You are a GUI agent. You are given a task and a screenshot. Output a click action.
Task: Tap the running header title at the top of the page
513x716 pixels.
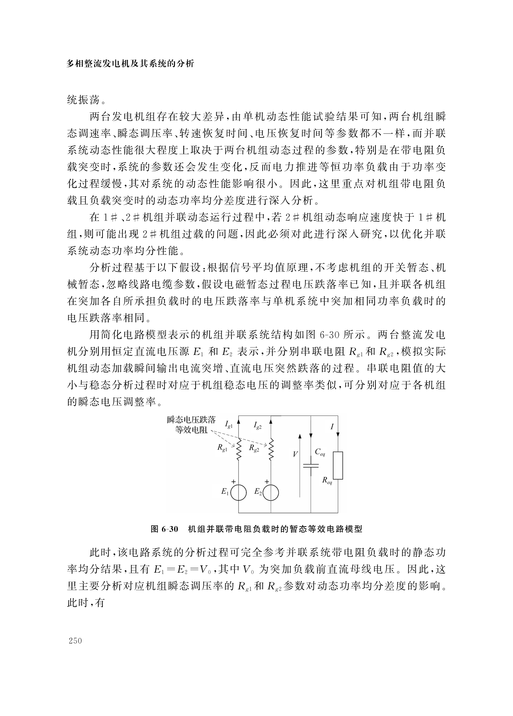(x=130, y=64)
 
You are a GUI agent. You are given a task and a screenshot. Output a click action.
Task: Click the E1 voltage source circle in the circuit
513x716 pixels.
(x=238, y=493)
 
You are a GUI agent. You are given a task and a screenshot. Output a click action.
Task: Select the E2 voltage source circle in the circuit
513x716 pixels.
(x=271, y=493)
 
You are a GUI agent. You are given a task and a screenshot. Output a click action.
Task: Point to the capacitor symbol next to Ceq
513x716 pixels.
(x=311, y=466)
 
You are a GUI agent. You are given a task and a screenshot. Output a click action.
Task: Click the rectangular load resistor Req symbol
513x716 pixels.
(x=338, y=465)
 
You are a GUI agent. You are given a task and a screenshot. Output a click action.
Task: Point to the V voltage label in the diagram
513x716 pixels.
(x=295, y=454)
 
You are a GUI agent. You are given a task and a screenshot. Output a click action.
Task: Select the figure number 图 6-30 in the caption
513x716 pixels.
(x=165, y=529)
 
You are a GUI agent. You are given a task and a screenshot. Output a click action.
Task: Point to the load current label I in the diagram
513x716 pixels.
(x=332, y=427)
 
